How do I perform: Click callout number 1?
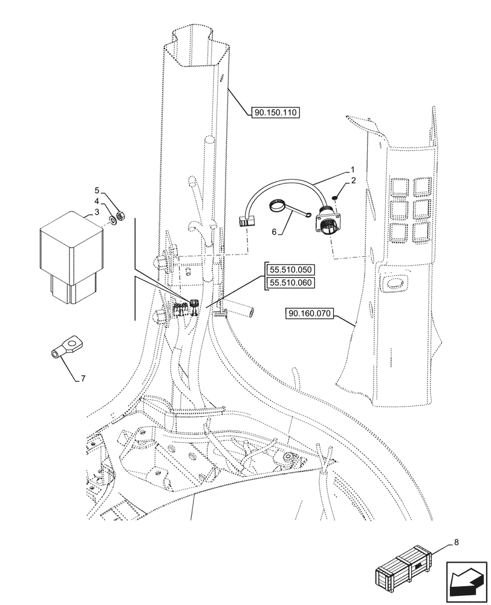tap(351, 170)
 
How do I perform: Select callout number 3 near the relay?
tap(96, 212)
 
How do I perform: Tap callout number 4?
tap(96, 200)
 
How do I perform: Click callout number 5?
tap(96, 190)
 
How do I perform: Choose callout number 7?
tap(83, 379)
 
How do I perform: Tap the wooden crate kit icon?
tap(403, 571)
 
